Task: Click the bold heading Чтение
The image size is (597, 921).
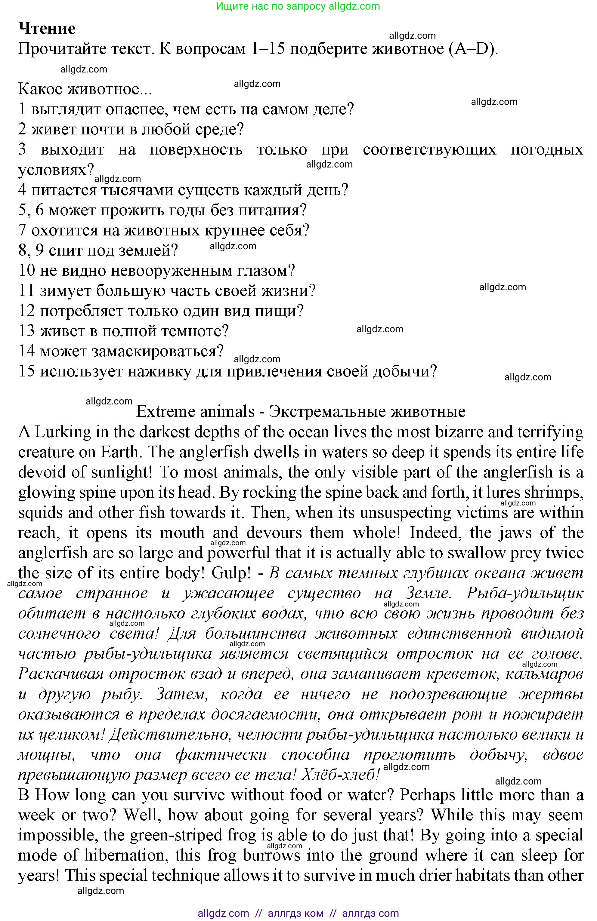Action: coord(47,28)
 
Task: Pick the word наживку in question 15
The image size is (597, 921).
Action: coord(159,371)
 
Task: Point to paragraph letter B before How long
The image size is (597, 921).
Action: coord(23,795)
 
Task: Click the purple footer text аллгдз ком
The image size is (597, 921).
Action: coord(295,913)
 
